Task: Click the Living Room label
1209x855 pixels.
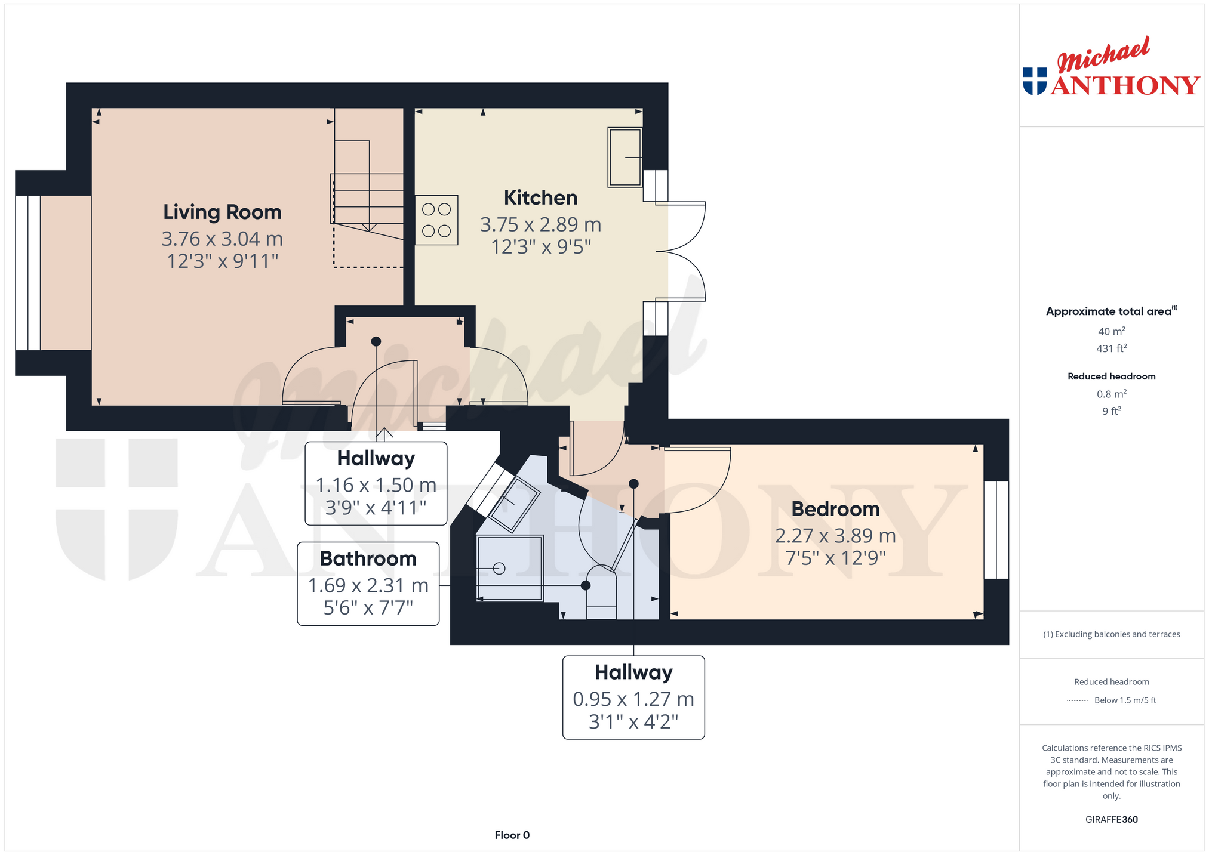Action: tap(222, 212)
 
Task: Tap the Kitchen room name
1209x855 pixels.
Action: tap(540, 197)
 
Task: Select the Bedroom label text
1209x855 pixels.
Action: tap(835, 509)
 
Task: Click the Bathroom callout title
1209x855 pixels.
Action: tap(368, 558)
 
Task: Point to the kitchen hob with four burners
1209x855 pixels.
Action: tap(436, 220)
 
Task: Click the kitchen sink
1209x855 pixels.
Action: tap(625, 157)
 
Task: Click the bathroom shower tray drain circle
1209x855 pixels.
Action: tap(500, 569)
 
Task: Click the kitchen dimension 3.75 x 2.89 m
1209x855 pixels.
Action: tap(540, 224)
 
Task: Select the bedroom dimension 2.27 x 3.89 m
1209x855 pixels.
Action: tap(835, 536)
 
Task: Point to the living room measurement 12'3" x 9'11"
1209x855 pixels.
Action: tap(222, 261)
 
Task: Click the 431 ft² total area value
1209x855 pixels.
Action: tap(1111, 348)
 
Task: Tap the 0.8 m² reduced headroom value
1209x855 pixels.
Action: tap(1111, 394)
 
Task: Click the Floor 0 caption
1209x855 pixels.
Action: tap(512, 835)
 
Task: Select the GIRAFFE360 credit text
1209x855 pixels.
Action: tap(1111, 819)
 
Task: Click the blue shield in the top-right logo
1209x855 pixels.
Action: tap(1035, 81)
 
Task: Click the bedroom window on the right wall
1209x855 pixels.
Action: tap(996, 530)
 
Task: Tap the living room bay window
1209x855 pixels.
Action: tap(27, 273)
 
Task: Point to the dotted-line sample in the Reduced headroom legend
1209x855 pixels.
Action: tap(1077, 700)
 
